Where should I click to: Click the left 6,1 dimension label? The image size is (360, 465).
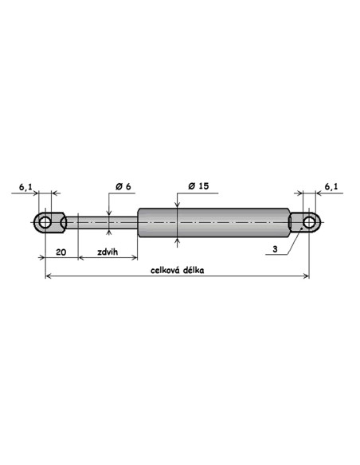(x=25, y=187)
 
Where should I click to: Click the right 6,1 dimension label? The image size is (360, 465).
(x=331, y=186)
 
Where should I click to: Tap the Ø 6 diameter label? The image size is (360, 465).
(x=123, y=186)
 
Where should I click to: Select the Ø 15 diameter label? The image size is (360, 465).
(x=198, y=186)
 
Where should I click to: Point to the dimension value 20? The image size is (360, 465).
(x=61, y=252)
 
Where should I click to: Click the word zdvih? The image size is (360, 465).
(x=108, y=252)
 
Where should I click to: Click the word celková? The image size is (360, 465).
(x=165, y=270)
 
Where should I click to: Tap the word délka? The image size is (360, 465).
(x=194, y=270)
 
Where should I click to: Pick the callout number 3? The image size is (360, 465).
(x=275, y=249)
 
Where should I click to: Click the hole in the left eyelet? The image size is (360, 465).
(x=45, y=222)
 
